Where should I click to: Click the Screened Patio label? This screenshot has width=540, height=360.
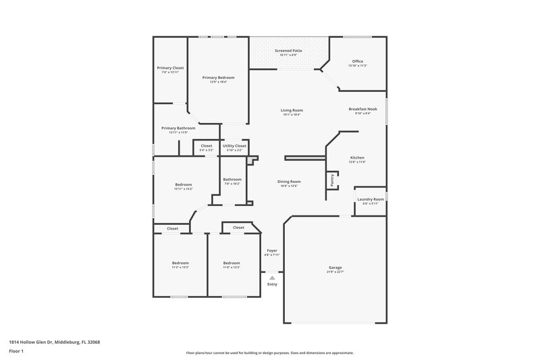pyautogui.click(x=288, y=51)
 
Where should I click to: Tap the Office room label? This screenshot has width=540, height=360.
pyautogui.click(x=357, y=61)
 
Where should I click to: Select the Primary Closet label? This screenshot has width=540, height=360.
pyautogui.click(x=170, y=68)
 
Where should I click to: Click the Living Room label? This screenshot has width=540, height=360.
pyautogui.click(x=292, y=110)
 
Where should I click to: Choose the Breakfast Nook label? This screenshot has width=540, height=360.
pyautogui.click(x=362, y=109)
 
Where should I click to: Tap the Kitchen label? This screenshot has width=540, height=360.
pyautogui.click(x=357, y=157)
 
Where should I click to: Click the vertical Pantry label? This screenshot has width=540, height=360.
pyautogui.click(x=332, y=180)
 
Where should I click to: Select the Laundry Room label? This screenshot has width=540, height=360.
pyautogui.click(x=371, y=199)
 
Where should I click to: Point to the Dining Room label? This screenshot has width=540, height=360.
pyautogui.click(x=289, y=181)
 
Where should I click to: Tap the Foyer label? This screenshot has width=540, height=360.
pyautogui.click(x=272, y=251)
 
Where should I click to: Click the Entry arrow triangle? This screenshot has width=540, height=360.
pyautogui.click(x=272, y=277)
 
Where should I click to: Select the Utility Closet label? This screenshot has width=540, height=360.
pyautogui.click(x=234, y=145)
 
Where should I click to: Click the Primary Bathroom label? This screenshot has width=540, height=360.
pyautogui.click(x=178, y=128)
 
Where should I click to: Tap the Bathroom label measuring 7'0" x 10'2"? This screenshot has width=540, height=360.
pyautogui.click(x=232, y=180)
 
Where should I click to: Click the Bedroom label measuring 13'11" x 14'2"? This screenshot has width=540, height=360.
pyautogui.click(x=184, y=184)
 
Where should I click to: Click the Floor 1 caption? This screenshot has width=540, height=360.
pyautogui.click(x=16, y=352)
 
